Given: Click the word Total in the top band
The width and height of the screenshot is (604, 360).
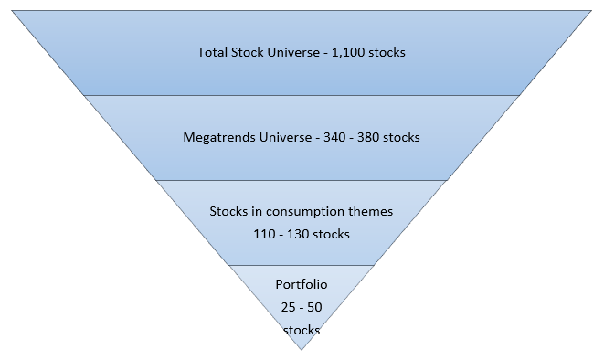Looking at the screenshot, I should (x=212, y=52).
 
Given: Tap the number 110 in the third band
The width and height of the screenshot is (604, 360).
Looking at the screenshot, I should (x=265, y=234).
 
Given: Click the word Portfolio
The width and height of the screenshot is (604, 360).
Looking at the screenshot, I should (x=301, y=284).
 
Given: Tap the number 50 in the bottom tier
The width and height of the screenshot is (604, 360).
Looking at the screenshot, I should (x=313, y=307).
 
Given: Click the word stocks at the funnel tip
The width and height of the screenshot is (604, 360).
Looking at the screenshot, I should (x=301, y=329).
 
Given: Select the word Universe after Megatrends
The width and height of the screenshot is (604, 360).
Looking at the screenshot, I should (x=280, y=138).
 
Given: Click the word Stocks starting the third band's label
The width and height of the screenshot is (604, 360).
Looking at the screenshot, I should (x=228, y=211).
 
